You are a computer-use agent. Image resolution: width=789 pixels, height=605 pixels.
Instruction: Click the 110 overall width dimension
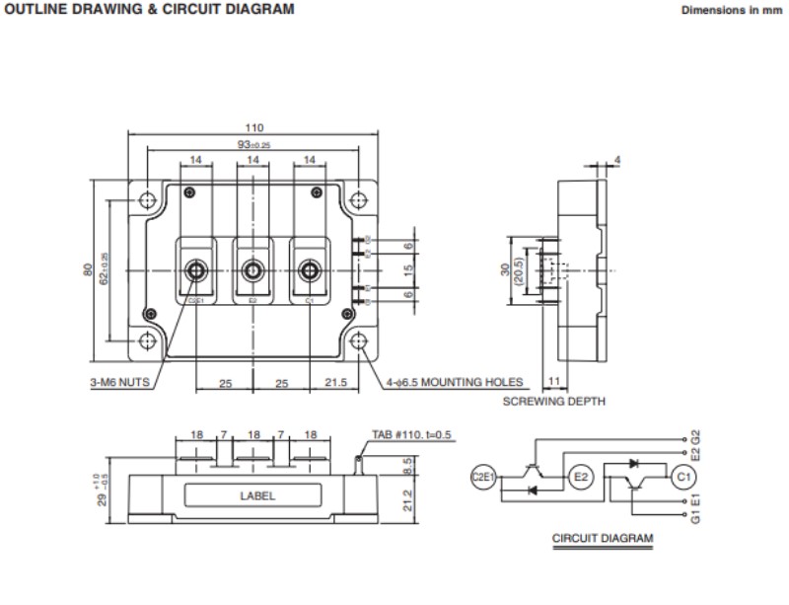(x=254, y=128)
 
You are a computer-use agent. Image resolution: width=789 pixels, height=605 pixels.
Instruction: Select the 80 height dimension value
(x=88, y=268)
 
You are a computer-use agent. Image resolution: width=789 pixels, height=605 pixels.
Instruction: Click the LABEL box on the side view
(x=257, y=496)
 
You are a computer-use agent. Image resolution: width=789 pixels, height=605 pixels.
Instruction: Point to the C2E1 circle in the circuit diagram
(x=484, y=479)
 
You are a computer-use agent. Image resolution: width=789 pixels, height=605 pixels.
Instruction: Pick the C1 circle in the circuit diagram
(x=683, y=479)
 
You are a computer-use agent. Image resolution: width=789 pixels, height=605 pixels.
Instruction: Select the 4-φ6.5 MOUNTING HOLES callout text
(x=457, y=382)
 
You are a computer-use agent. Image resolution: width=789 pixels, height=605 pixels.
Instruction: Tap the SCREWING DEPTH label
(x=554, y=402)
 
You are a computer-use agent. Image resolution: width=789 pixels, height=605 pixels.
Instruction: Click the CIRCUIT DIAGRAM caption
(x=602, y=539)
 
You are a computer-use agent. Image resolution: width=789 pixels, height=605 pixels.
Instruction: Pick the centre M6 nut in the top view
(x=253, y=268)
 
